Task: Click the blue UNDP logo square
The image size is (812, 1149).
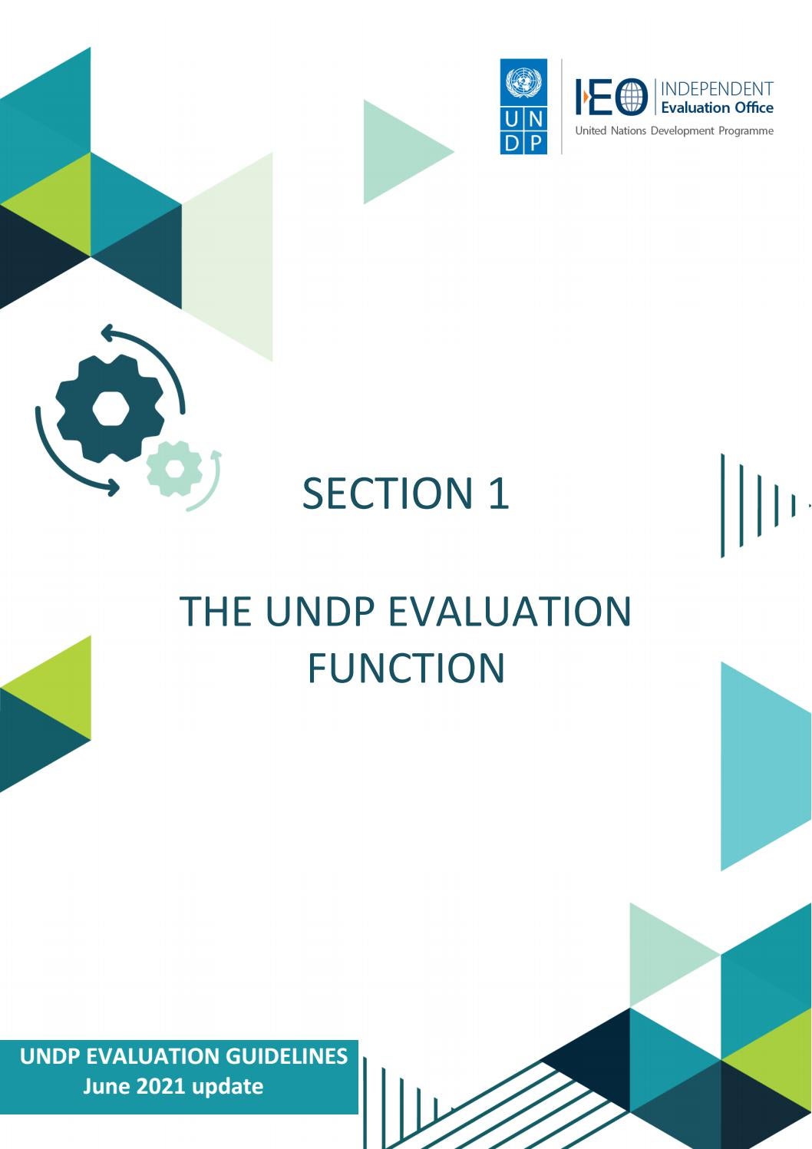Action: click(523, 107)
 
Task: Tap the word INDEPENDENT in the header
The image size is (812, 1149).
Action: click(717, 89)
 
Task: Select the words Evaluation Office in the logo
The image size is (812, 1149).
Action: click(717, 108)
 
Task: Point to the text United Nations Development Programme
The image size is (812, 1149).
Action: click(674, 131)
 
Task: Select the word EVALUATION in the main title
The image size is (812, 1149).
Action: click(510, 612)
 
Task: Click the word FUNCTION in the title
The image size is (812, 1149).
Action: click(406, 669)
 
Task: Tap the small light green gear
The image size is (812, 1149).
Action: click(174, 467)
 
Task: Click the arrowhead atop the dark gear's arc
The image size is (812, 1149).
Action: click(108, 333)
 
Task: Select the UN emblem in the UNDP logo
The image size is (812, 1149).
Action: click(524, 81)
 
